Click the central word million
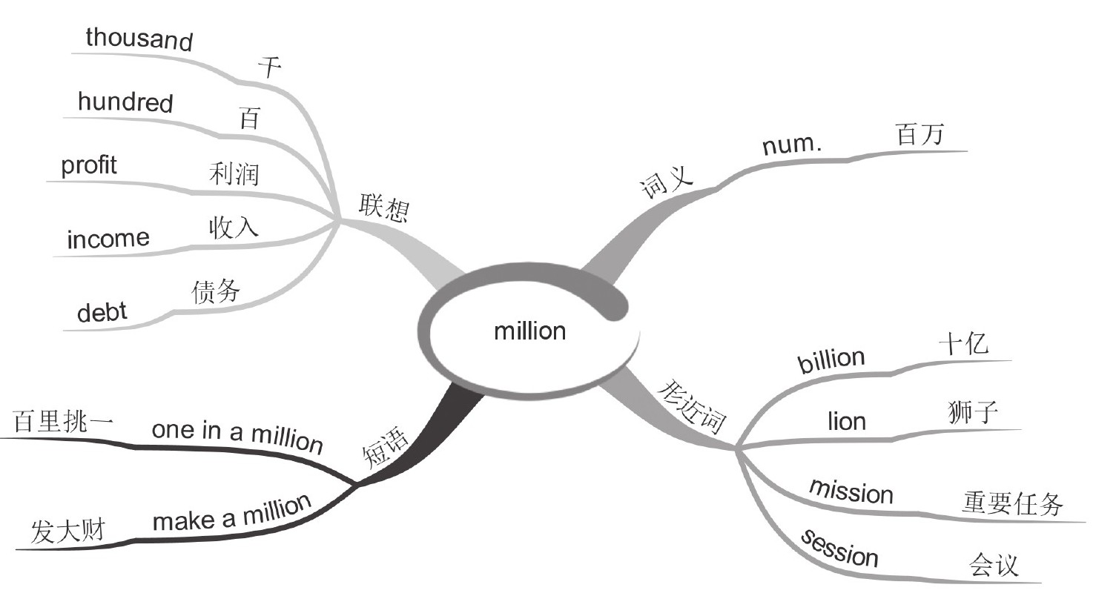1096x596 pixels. click(529, 330)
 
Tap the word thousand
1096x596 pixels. click(139, 39)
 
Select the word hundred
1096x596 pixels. click(125, 102)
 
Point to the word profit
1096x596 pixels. click(89, 165)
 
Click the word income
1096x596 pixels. click(108, 239)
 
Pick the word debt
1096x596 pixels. click(102, 313)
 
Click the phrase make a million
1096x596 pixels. click(232, 513)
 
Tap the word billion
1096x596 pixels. click(831, 360)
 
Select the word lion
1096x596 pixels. click(846, 422)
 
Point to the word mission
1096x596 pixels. click(851, 491)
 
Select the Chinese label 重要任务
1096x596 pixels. click(1013, 505)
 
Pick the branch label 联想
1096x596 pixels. click(383, 208)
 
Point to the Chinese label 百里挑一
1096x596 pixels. click(63, 423)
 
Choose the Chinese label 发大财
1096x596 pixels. click(68, 532)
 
